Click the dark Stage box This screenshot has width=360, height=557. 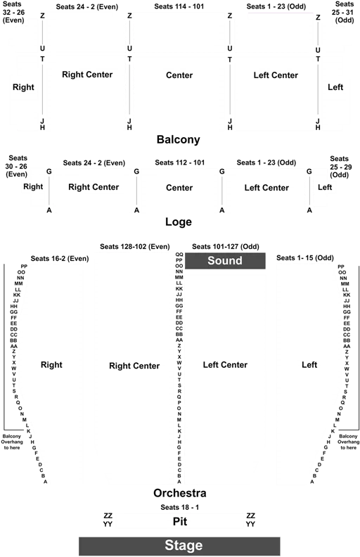179,546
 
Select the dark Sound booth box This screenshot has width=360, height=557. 225,261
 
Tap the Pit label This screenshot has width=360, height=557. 179,521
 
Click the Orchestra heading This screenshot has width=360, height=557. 179,493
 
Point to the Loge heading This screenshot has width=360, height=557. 178,222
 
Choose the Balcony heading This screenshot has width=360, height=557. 178,140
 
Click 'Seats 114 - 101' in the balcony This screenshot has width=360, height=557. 179,6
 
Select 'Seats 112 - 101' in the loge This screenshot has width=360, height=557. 179,162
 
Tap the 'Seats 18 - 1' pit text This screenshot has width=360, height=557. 179,507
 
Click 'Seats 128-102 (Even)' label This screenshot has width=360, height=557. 134,247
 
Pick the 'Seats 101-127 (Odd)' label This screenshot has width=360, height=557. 226,247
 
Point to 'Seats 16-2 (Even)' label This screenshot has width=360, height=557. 60,258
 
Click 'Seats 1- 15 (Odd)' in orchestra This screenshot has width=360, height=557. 305,257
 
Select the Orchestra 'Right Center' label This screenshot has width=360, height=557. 134,366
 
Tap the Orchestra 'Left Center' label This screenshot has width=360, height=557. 225,365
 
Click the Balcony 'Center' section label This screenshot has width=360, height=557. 179,75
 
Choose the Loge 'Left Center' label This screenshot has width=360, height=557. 266,188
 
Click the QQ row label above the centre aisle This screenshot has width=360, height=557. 179,255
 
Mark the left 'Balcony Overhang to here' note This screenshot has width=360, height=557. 12,442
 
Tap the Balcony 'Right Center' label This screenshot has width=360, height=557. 87,75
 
